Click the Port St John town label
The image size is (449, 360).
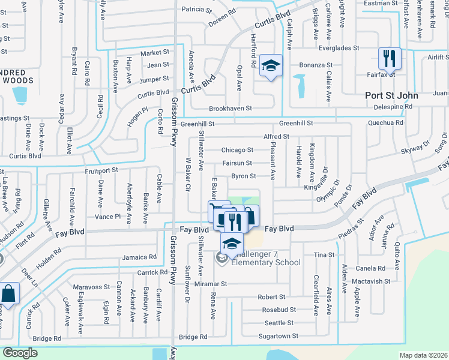point(392,95)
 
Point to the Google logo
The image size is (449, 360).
point(20,353)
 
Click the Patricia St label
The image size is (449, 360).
point(197,10)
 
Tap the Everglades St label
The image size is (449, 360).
point(338,47)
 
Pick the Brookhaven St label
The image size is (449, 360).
point(230,109)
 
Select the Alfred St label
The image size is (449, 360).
point(276,137)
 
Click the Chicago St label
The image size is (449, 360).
point(237,150)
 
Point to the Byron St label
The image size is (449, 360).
point(244,176)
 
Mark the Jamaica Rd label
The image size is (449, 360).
point(137,257)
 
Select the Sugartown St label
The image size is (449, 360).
point(278,336)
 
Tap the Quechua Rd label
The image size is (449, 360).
point(386,122)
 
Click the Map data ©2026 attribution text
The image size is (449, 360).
point(423,355)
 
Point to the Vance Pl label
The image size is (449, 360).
point(107,216)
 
